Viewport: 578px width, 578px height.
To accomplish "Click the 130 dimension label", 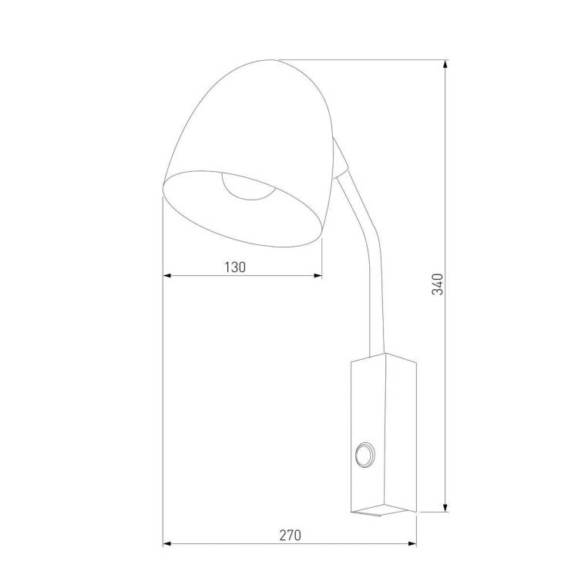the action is click(235, 267).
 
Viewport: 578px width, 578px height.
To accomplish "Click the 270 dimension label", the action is click(290, 535).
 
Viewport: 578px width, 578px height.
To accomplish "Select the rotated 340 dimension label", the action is click(438, 284).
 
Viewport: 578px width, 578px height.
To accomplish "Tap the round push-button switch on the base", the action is click(365, 455).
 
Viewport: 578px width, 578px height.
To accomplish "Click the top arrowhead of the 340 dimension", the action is click(445, 65).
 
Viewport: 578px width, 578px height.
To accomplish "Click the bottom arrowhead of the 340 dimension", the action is click(445, 507).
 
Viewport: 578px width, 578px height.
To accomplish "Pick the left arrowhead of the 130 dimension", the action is click(168, 275).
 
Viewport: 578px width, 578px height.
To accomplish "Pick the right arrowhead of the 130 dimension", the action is click(317, 275).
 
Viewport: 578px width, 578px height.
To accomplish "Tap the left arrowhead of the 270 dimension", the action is click(168, 543).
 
